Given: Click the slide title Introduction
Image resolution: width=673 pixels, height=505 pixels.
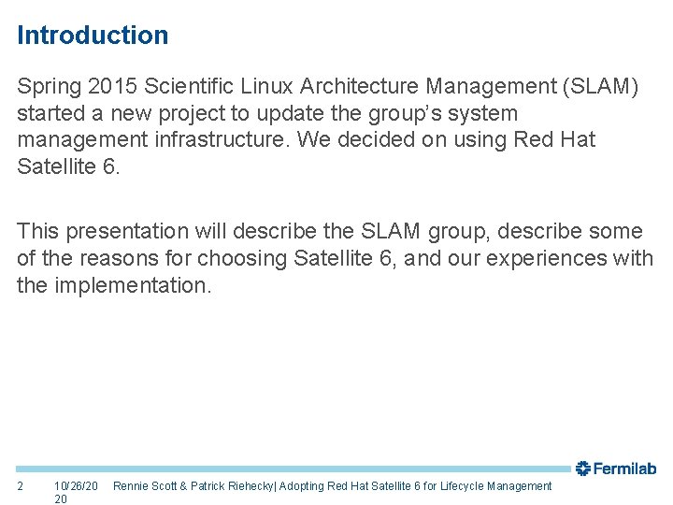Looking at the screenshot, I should coord(93,36).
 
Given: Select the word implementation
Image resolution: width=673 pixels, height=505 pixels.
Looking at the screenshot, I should coord(132,284).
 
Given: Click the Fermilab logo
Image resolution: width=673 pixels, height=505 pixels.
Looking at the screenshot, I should coord(615,469).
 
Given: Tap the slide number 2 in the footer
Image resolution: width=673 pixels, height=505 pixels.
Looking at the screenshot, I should coord(21,486).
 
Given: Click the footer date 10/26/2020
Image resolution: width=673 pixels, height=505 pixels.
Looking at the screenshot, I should coord(76,492).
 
